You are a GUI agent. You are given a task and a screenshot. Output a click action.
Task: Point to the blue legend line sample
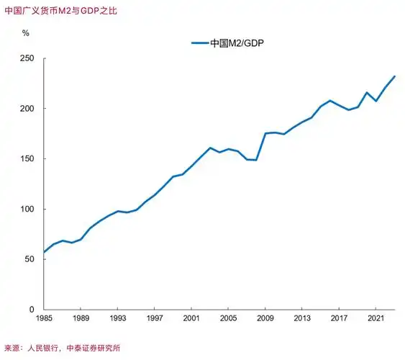point(199,43)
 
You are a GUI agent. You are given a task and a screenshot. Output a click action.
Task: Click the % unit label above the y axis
point(26,33)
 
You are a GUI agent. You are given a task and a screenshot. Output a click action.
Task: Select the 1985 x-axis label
point(44,318)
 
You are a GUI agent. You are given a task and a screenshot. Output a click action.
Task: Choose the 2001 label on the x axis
point(191,318)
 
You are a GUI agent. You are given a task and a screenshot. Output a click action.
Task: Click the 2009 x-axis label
point(265,318)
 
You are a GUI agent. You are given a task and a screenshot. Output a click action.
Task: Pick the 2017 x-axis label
point(339,318)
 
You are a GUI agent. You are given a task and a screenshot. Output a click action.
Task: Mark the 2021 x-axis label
point(376,318)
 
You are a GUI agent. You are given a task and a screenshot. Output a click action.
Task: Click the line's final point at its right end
point(394,76)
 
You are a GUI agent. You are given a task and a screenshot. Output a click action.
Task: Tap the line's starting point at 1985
point(44,252)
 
